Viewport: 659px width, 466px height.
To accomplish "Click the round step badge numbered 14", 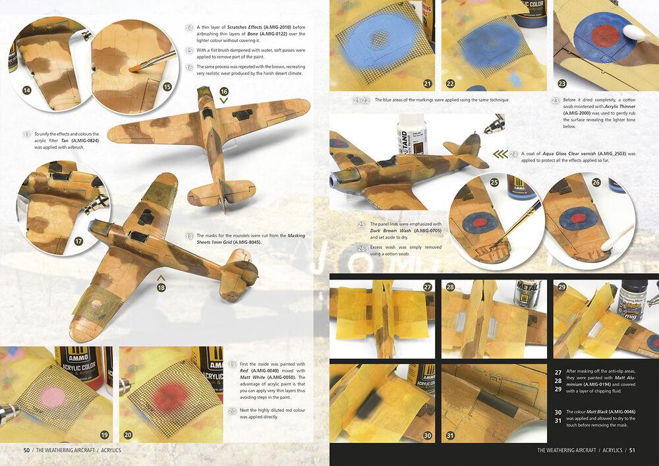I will tap(27, 90).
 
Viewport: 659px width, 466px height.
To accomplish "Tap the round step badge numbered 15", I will tap(167, 86).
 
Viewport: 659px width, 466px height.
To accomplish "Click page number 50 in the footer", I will tap(26, 450).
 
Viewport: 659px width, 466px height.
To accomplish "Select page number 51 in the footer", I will tap(632, 450).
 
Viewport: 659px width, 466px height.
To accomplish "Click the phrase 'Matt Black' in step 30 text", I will tap(599, 411).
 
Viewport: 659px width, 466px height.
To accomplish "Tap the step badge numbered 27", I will tap(428, 287).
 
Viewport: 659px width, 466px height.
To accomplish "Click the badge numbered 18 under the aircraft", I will tap(159, 287).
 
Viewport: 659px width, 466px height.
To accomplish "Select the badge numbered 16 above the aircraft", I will tap(224, 91).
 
